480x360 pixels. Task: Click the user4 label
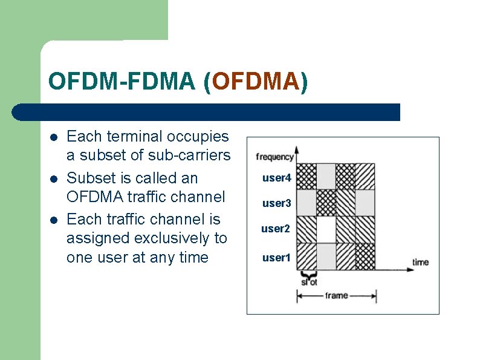point(276,178)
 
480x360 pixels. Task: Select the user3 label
point(276,203)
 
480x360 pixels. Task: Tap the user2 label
point(276,229)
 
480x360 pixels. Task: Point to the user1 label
point(276,258)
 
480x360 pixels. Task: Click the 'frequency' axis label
point(274,157)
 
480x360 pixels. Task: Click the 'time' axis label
point(420,262)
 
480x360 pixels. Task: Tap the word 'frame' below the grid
point(336,295)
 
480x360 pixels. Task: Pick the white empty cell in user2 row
point(326,229)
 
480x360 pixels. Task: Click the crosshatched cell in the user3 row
point(326,203)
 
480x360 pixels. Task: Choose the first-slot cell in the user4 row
point(307,176)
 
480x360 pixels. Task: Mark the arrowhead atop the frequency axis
point(296,149)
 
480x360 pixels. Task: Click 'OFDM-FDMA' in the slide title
point(122,82)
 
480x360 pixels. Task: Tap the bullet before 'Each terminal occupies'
point(54,137)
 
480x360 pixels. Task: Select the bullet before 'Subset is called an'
point(54,178)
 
